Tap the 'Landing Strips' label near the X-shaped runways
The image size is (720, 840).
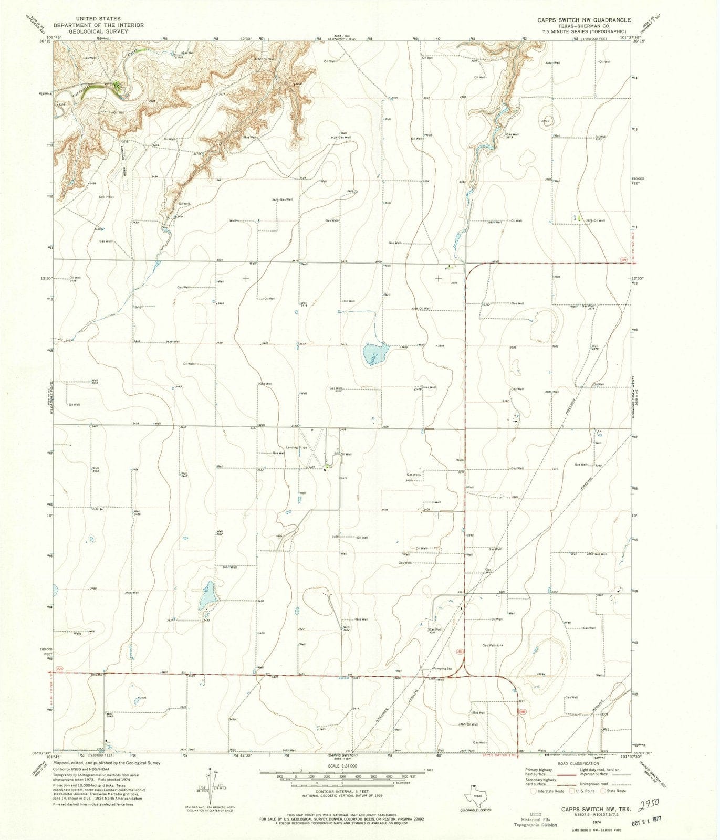pyautogui.click(x=296, y=447)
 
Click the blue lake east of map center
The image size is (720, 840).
pyautogui.click(x=375, y=355)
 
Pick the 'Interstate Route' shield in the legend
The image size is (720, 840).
pyautogui.click(x=535, y=791)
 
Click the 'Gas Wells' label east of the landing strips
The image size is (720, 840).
pyautogui.click(x=413, y=475)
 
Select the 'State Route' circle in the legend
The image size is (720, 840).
pyautogui.click(x=603, y=791)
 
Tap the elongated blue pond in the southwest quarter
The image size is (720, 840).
pyautogui.click(x=207, y=595)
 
